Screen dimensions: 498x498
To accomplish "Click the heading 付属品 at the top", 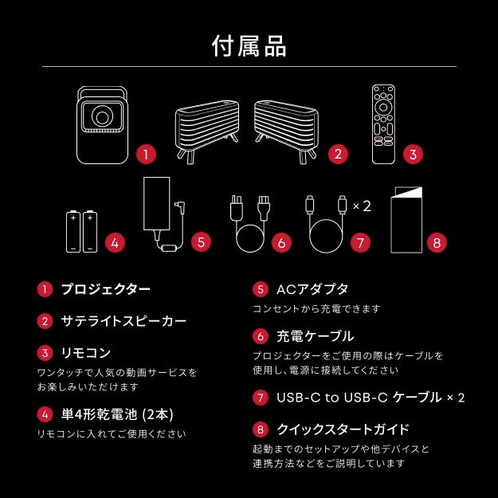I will coord(249,45).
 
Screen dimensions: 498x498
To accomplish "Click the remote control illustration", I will coord(383,124).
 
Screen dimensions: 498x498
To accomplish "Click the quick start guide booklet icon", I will coord(406,221).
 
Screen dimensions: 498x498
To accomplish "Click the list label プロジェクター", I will coord(106,289).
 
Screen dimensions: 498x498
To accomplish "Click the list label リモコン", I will coord(86,352).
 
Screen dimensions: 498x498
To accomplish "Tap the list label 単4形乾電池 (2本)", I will coord(117,414).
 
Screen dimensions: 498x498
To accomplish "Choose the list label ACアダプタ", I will coord(312,289).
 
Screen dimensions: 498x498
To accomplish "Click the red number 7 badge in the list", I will coord(260,397).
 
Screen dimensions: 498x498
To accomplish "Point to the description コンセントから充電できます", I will coord(316,308).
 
